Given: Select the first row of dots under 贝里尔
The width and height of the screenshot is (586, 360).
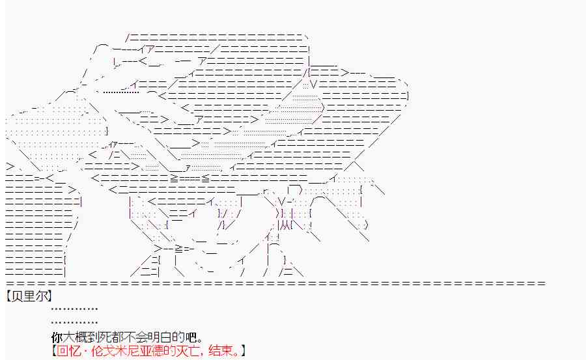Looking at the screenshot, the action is click(x=74, y=309).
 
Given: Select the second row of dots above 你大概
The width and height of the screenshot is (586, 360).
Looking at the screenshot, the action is click(x=74, y=322).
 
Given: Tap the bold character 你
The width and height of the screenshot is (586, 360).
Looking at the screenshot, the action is click(x=56, y=338).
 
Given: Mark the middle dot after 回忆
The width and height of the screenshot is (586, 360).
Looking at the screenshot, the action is click(x=83, y=352).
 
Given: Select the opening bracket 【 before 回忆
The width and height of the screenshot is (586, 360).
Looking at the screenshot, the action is click(x=54, y=352).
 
